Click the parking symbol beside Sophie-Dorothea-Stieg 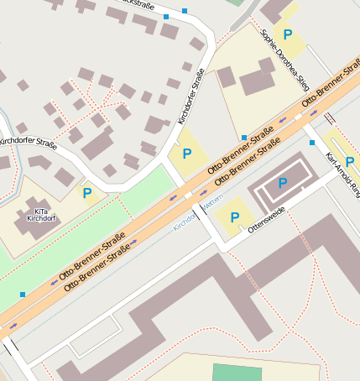pyautogui.click(x=288, y=35)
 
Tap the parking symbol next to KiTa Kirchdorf pyautogui.click(x=87, y=193)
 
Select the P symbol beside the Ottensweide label pyautogui.click(x=234, y=217)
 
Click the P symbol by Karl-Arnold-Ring pyautogui.click(x=349, y=161)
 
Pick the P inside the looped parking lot pyautogui.click(x=282, y=182)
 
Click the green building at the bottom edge pyautogui.click(x=237, y=373)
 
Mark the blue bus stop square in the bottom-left pyautogui.click(x=22, y=294)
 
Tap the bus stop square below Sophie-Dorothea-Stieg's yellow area pyautogui.click(x=243, y=137)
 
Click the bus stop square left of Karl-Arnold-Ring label pyautogui.click(x=311, y=143)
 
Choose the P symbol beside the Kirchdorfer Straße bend pyautogui.click(x=186, y=153)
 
